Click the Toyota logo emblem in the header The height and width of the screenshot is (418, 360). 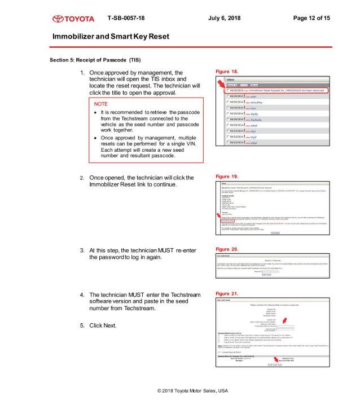[59, 19]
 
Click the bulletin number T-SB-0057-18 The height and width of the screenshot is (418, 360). [126, 18]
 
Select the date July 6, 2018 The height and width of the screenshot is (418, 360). [224, 18]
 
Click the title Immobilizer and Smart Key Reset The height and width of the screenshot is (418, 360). [111, 36]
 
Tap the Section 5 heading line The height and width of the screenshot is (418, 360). [95, 60]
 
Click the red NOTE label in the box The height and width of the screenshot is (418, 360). [101, 104]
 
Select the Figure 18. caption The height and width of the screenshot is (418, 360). [227, 72]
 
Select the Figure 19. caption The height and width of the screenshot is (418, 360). [227, 177]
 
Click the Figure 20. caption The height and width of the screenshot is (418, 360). [227, 249]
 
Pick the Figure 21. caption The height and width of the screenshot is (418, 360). [227, 294]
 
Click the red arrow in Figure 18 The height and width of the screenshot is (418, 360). [221, 85]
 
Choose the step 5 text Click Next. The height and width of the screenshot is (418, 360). [103, 325]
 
